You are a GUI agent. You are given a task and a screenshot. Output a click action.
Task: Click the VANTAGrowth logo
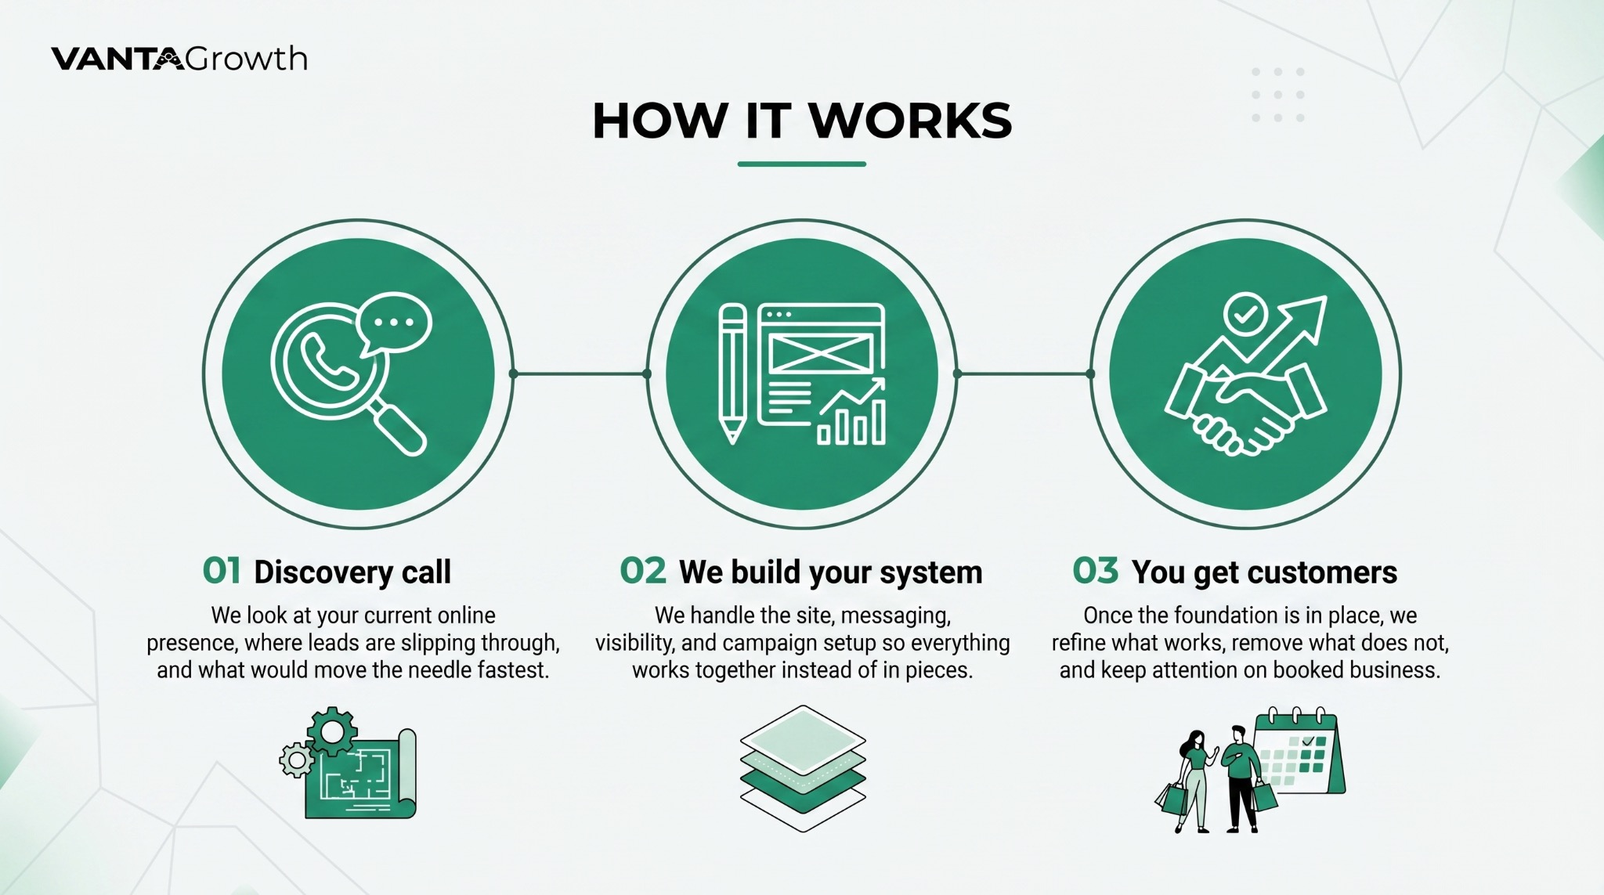click(179, 60)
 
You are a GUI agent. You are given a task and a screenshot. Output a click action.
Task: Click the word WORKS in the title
click(909, 121)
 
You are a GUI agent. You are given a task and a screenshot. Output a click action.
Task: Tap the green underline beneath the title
click(801, 164)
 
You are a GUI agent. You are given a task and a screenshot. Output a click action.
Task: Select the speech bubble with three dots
click(394, 322)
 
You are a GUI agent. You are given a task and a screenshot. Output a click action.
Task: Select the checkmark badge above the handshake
click(1245, 315)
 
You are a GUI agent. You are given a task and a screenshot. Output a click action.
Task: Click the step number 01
click(222, 571)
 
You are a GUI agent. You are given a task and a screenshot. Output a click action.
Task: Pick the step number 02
click(642, 571)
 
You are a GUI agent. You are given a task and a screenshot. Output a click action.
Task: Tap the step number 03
click(1095, 571)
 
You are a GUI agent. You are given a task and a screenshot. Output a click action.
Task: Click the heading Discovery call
click(352, 572)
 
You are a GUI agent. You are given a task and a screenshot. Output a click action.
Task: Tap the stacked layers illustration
click(803, 767)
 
